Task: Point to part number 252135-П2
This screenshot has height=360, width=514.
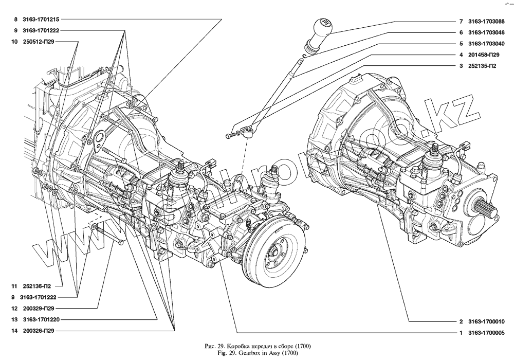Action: (x=483, y=65)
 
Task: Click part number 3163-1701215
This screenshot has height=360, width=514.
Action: (x=44, y=20)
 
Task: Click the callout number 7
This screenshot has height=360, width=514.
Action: (x=461, y=22)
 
